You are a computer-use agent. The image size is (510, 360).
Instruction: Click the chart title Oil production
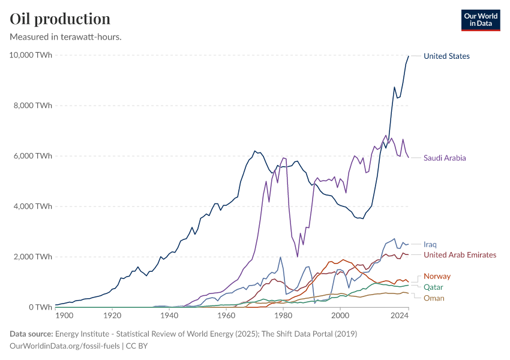(x=60, y=19)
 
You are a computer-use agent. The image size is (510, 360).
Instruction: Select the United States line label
(x=446, y=56)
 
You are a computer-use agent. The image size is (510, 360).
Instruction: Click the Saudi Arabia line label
(x=445, y=158)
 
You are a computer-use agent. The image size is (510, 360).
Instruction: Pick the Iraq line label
(x=430, y=245)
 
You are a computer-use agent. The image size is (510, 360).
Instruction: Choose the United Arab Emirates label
(x=460, y=255)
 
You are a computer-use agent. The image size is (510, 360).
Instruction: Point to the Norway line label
(x=437, y=276)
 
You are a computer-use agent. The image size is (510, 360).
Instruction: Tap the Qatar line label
(x=433, y=287)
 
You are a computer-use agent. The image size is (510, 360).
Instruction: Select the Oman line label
(x=434, y=298)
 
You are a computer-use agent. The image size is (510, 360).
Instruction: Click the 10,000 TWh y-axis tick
(x=31, y=55)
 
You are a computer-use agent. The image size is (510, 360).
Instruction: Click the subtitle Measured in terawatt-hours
(x=66, y=37)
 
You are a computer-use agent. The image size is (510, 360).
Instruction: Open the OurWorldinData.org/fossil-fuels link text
(x=65, y=346)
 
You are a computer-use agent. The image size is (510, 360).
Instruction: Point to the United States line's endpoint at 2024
(x=409, y=56)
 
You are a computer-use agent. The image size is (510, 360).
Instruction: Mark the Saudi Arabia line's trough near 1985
(x=298, y=257)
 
